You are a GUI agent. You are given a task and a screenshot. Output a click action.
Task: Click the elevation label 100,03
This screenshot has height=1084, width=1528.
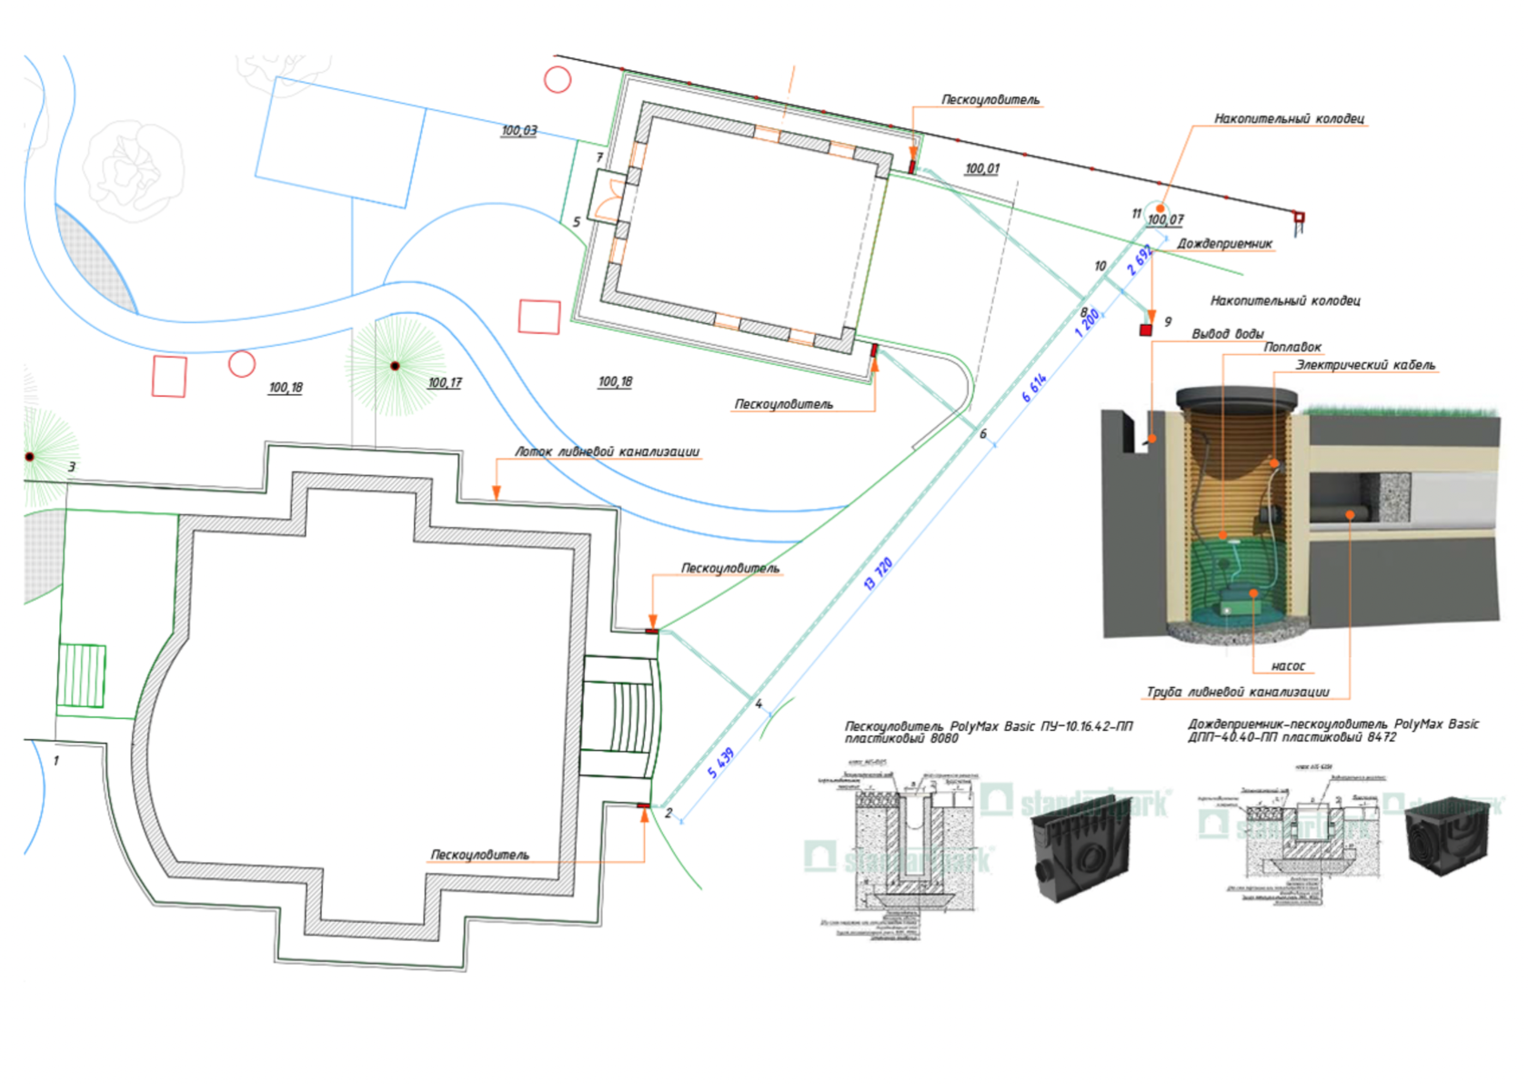tap(519, 130)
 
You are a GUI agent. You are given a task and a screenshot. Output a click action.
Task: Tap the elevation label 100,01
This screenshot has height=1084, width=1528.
tap(981, 168)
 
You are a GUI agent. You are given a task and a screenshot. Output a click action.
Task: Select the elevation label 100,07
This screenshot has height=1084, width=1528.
tap(1165, 219)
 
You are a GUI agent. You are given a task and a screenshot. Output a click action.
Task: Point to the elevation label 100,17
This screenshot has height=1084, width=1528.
tap(444, 383)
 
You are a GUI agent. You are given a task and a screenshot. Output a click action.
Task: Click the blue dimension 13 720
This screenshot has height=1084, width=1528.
tap(878, 573)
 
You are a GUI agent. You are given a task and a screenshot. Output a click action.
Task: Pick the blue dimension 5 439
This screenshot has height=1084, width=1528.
tap(721, 763)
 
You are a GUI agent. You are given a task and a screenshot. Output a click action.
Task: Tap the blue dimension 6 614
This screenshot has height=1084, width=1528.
tap(1034, 387)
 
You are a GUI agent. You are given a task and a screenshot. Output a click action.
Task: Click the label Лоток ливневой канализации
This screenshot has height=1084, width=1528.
tap(607, 451)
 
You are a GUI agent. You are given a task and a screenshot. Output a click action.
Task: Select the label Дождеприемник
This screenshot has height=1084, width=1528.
tap(1224, 244)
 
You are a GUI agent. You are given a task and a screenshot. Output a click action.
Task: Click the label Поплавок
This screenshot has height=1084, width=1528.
tap(1292, 347)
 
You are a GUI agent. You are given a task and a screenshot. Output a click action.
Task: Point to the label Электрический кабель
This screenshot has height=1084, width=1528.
tap(1365, 365)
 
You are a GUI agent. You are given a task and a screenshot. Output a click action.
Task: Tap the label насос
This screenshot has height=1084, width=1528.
tap(1288, 666)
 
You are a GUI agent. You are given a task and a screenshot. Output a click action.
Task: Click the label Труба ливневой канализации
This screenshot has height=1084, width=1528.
tap(1237, 692)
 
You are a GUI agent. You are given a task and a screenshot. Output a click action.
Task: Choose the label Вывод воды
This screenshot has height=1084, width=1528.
tap(1227, 333)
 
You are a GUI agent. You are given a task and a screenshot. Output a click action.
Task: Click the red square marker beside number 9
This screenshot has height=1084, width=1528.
tap(1146, 329)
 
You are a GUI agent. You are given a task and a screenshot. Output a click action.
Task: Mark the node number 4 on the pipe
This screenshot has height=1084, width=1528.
tap(759, 704)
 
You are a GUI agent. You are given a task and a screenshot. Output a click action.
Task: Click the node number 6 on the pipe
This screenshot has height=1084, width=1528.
tap(982, 434)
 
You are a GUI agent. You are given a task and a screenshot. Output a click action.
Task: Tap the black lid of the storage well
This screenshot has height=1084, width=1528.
tap(1236, 398)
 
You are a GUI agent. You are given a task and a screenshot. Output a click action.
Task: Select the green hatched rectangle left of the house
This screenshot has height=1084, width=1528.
tap(82, 674)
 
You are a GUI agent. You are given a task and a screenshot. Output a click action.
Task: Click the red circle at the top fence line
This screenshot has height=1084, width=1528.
tap(558, 80)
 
